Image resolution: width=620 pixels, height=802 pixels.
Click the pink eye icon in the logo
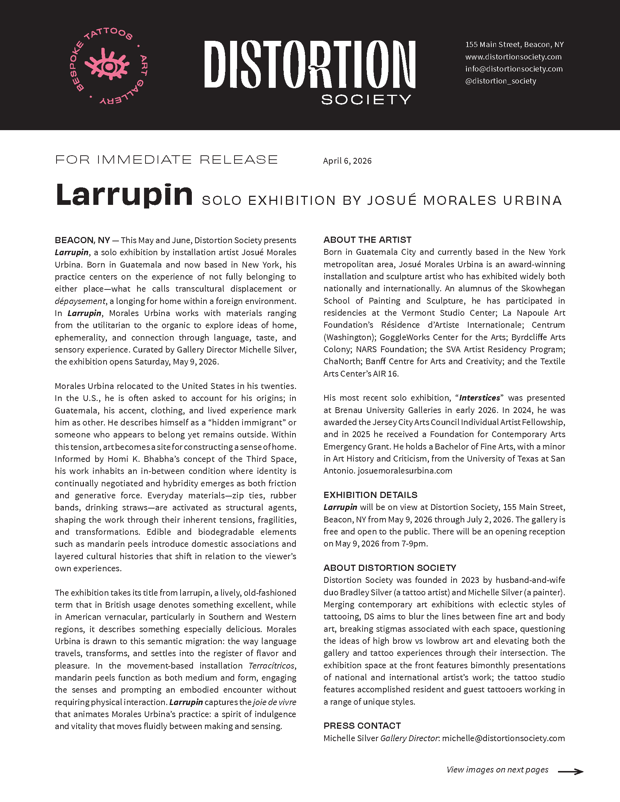click(108, 66)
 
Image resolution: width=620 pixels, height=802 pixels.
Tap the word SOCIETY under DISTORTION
click(366, 100)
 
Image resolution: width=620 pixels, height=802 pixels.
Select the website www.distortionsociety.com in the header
click(513, 57)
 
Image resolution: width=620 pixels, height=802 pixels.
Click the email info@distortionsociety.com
click(514, 69)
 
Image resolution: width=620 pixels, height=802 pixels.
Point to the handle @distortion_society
click(500, 81)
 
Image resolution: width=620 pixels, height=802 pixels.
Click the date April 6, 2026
click(347, 161)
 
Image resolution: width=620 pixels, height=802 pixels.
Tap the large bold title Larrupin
click(124, 195)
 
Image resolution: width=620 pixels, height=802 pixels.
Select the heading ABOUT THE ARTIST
click(367, 240)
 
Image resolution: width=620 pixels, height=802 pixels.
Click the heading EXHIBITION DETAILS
click(370, 495)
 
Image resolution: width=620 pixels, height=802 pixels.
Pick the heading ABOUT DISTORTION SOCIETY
click(390, 568)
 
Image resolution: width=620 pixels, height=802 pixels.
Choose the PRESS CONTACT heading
click(362, 725)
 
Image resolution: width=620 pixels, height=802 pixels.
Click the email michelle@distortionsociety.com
click(503, 738)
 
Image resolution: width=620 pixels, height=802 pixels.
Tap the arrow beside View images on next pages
click(570, 772)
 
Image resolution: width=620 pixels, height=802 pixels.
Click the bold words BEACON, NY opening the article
click(82, 240)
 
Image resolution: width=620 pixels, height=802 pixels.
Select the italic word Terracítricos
click(272, 666)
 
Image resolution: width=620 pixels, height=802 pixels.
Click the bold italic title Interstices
click(479, 398)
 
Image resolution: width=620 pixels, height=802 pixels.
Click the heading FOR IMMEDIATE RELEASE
click(166, 160)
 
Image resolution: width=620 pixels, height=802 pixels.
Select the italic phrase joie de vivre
click(274, 702)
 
